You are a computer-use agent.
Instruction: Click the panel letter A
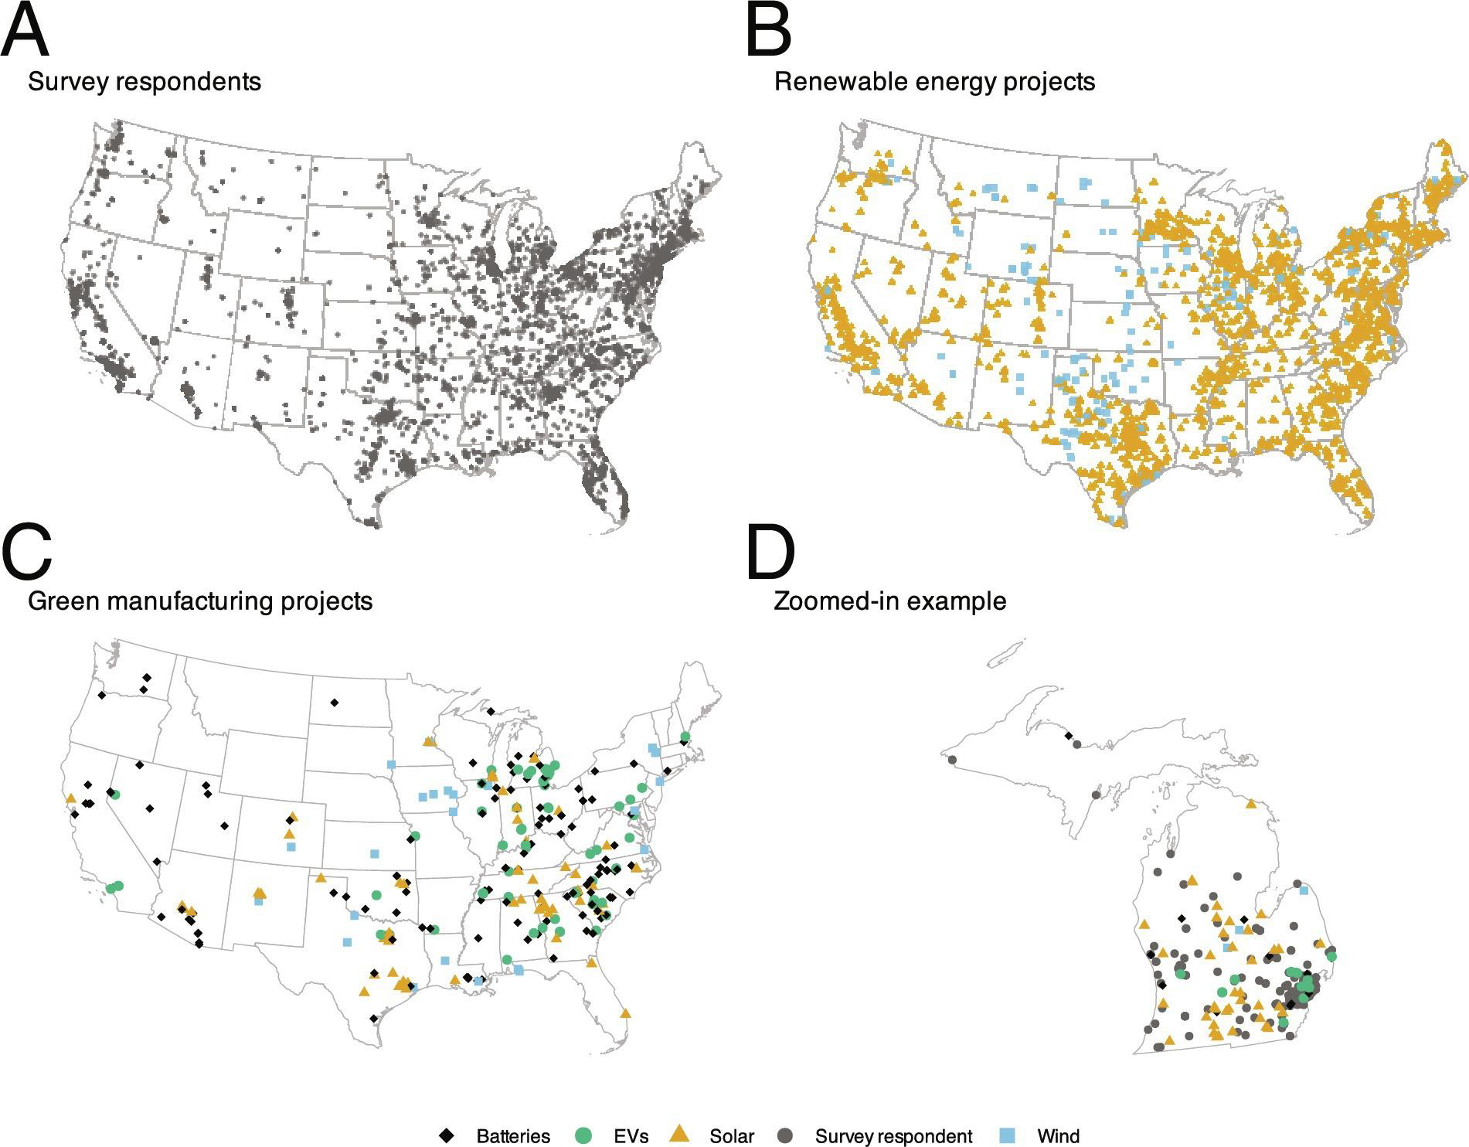tap(26, 32)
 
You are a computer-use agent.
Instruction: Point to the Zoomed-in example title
tap(890, 601)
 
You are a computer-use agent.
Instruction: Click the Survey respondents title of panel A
tap(145, 82)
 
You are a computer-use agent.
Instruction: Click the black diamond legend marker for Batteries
tap(446, 1135)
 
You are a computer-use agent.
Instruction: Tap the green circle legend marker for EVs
tap(584, 1135)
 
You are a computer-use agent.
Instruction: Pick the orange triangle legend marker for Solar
tap(679, 1134)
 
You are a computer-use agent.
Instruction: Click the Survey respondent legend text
tap(893, 1136)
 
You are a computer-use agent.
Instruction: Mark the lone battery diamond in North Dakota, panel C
tap(334, 703)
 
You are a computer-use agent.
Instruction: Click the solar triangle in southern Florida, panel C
tap(625, 1013)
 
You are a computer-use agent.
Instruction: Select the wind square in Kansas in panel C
tap(375, 853)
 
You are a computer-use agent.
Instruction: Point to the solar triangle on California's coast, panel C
tap(71, 798)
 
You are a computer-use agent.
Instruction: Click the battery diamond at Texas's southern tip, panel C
tap(374, 1019)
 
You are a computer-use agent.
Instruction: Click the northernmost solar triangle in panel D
tap(1252, 805)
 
